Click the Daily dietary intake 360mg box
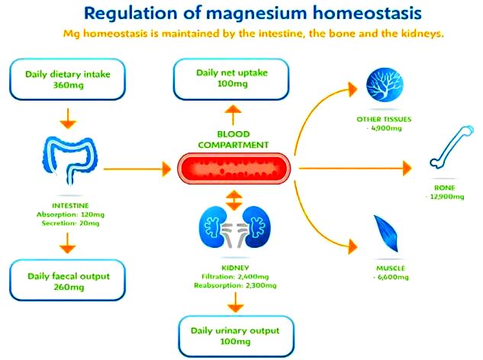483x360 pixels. [67, 79]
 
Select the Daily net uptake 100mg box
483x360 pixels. [231, 79]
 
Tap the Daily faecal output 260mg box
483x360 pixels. [67, 280]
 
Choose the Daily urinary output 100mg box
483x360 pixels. [236, 336]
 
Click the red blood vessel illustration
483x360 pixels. [233, 169]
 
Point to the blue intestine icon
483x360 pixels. [70, 160]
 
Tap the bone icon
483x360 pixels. [451, 147]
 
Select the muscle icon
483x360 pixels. [386, 233]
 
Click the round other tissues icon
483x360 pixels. [385, 85]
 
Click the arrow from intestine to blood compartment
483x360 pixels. [137, 169]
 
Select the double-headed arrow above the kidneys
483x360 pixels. [233, 200]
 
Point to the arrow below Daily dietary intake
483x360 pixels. [68, 118]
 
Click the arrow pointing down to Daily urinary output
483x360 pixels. [236, 302]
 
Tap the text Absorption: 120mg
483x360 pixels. [70, 214]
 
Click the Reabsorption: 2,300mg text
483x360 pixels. [235, 285]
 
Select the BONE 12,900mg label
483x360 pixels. [445, 192]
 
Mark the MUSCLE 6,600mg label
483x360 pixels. [391, 272]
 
